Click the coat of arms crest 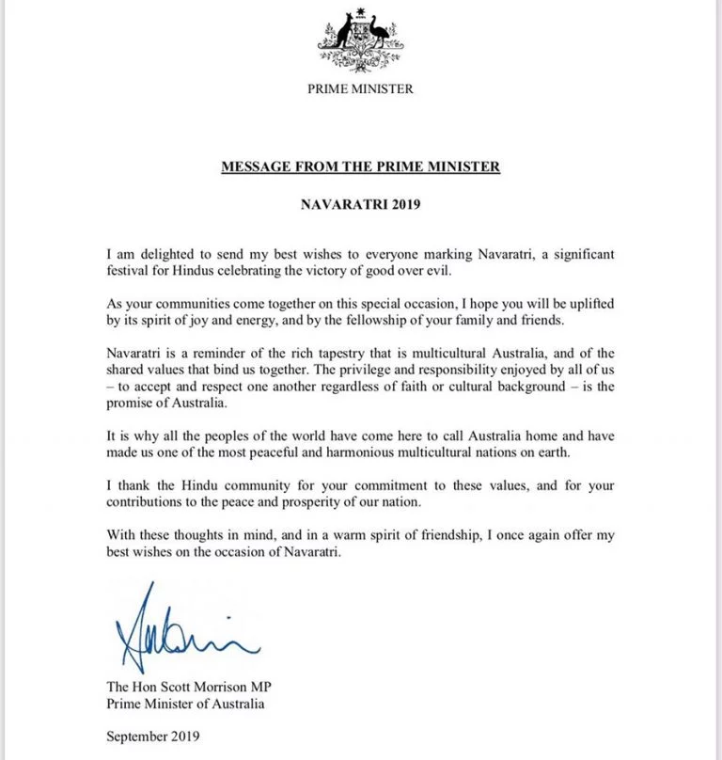(x=360, y=39)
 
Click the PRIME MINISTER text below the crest (x=360, y=89)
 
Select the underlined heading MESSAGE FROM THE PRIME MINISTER (x=360, y=167)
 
